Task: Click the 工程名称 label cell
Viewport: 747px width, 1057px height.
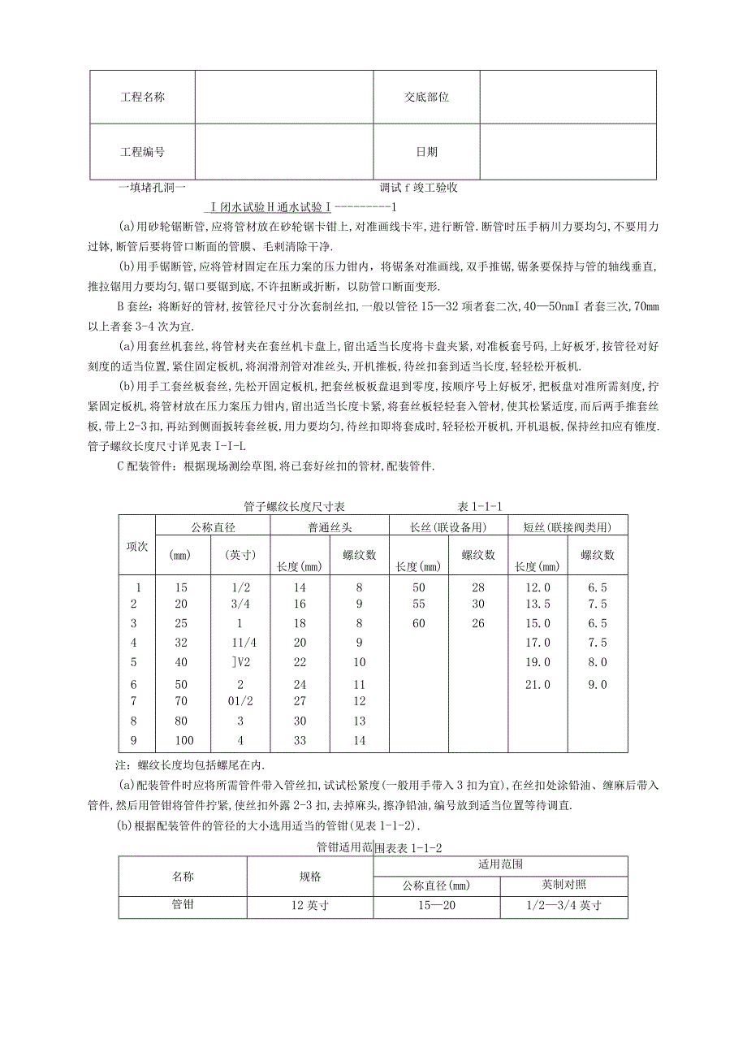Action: coord(142,97)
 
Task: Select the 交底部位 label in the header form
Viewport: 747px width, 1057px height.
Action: coord(426,97)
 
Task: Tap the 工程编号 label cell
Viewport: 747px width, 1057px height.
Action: coord(142,152)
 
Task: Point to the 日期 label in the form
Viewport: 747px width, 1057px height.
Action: coord(426,152)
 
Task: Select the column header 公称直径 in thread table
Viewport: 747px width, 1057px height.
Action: coord(213,527)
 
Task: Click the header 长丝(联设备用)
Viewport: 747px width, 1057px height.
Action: coord(448,527)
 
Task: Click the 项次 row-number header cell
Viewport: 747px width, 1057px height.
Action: coord(138,546)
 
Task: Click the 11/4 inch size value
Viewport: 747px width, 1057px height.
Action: coord(240,643)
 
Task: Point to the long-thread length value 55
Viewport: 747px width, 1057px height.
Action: coord(418,604)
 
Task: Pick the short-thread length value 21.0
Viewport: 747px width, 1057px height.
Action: coord(538,685)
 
